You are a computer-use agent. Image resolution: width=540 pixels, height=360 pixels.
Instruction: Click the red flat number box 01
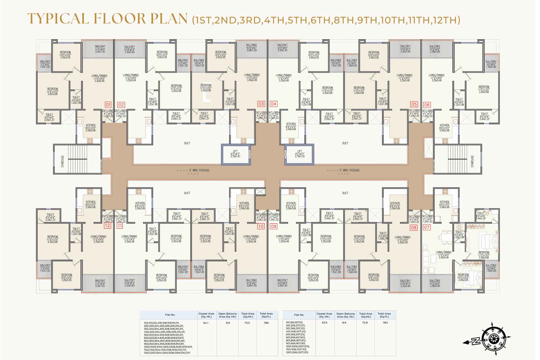[x=108, y=105]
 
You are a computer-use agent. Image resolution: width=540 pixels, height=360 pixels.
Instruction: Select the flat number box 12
[x=108, y=225]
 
